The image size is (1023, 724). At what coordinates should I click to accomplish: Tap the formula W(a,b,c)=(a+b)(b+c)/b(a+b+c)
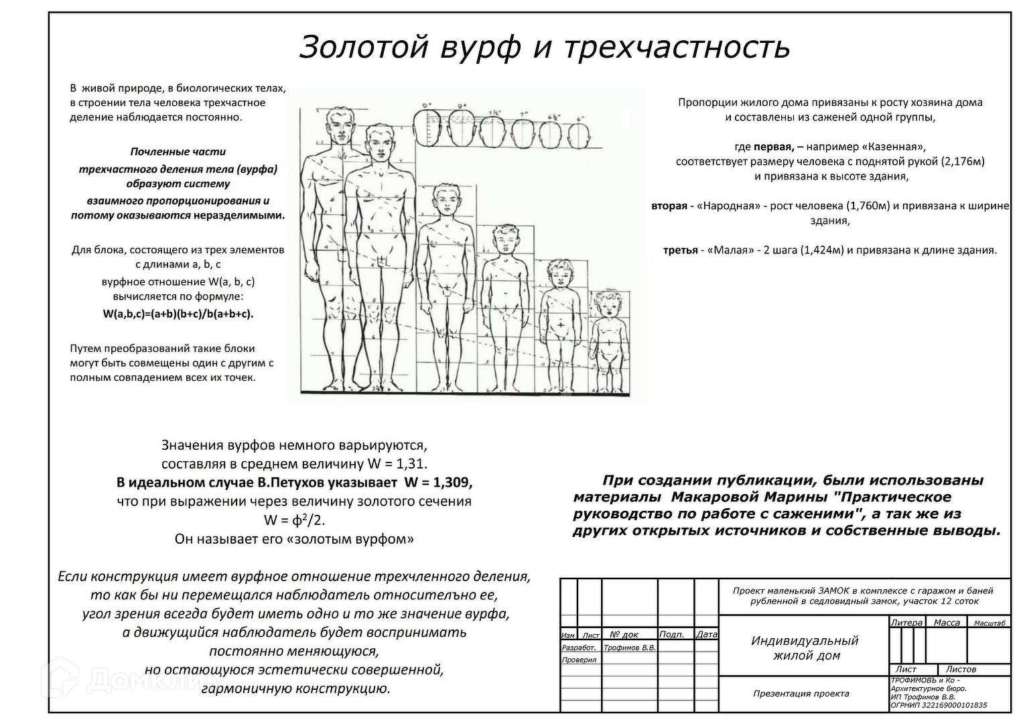[178, 314]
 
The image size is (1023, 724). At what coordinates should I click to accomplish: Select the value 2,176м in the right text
[963, 162]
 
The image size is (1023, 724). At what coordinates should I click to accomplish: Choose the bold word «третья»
[680, 250]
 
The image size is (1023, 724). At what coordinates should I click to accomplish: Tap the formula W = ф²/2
[294, 520]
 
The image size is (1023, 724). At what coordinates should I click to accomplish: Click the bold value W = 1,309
[438, 483]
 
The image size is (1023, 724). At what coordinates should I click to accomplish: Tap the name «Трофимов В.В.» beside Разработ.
[629, 648]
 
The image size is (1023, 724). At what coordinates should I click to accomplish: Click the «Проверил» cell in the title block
[579, 660]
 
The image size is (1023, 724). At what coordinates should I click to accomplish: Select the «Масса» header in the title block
[947, 623]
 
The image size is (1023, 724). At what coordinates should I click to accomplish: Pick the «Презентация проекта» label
[801, 694]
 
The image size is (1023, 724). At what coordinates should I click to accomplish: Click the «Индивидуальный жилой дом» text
[805, 648]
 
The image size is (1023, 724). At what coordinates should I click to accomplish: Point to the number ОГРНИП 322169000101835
[939, 705]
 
